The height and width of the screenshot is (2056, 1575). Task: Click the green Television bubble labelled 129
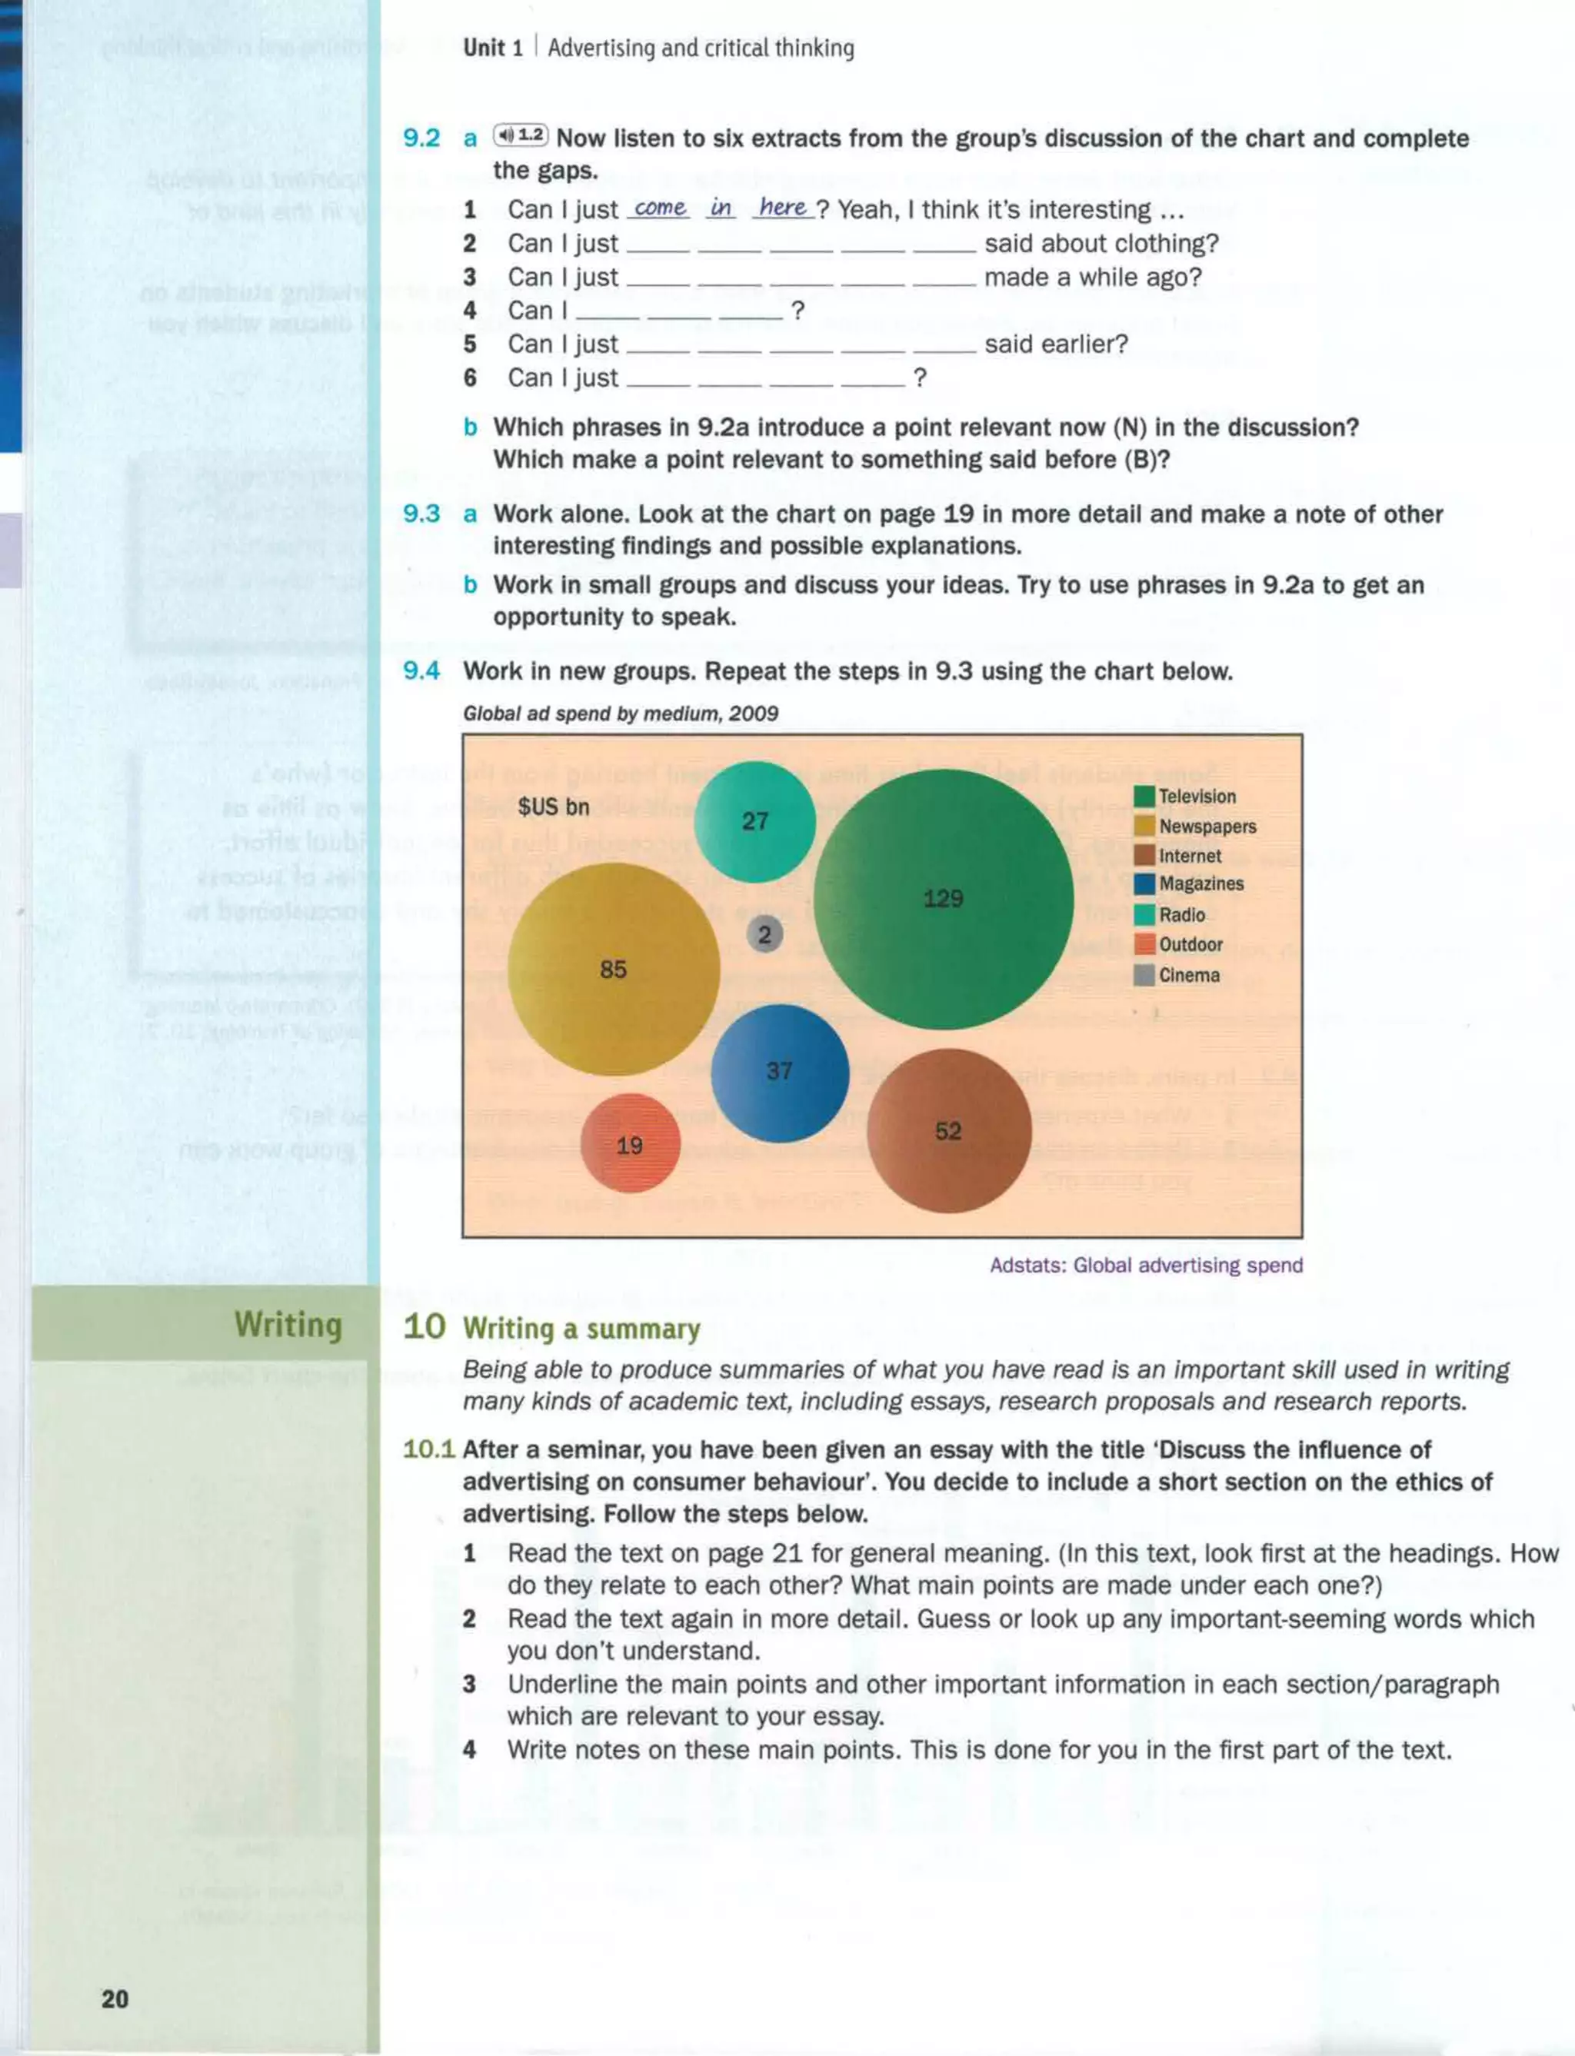[x=943, y=899]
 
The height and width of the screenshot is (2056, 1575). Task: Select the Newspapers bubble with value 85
[x=614, y=969]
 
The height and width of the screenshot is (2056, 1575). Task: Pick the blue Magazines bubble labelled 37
[x=780, y=1071]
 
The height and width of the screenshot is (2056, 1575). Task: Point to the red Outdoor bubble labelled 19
[x=630, y=1144]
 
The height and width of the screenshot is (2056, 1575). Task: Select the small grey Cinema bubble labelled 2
[x=765, y=934]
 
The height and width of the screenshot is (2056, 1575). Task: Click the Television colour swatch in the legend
[x=1144, y=797]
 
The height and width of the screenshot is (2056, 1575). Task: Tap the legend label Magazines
[x=1201, y=883]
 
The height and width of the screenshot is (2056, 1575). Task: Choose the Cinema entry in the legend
[x=1189, y=975]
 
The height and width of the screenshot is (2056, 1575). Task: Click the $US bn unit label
[x=554, y=806]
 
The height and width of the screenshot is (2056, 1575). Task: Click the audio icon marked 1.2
[x=521, y=136]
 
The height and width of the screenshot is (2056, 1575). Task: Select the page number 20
[x=115, y=1999]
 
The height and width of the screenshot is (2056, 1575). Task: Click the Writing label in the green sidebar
[x=288, y=1324]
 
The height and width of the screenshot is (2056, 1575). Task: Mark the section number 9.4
[x=421, y=671]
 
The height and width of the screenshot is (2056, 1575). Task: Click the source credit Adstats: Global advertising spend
[x=1146, y=1265]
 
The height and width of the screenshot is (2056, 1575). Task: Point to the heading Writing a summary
[x=581, y=1329]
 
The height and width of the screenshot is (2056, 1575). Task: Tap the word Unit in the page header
[x=484, y=48]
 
